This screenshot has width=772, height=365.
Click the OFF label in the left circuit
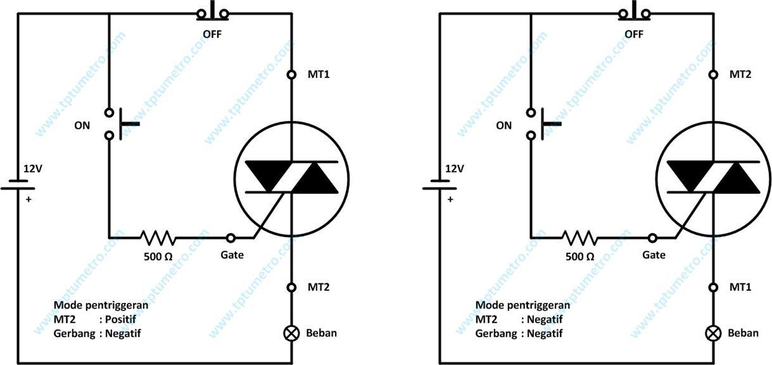pyautogui.click(x=213, y=34)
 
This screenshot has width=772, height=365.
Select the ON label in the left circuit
pyautogui.click(x=82, y=125)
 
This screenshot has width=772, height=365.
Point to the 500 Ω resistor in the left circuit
pyautogui.click(x=158, y=238)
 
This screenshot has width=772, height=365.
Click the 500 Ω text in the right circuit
pyautogui.click(x=579, y=257)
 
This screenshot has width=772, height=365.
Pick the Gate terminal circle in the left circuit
pyautogui.click(x=231, y=238)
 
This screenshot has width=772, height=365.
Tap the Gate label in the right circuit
pyautogui.click(x=654, y=255)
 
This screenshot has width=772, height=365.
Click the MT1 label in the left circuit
pyautogui.click(x=318, y=75)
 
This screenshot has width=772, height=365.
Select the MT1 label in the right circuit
pyautogui.click(x=740, y=287)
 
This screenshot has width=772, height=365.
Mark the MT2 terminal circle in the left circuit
pyautogui.click(x=292, y=287)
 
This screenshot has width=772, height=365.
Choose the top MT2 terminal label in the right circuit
pyautogui.click(x=740, y=75)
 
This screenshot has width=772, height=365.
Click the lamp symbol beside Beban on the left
pyautogui.click(x=292, y=333)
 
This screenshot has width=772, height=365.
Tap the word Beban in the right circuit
pyautogui.click(x=743, y=333)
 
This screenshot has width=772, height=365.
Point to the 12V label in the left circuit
pyautogui.click(x=32, y=169)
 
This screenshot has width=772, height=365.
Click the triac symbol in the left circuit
pyautogui.click(x=291, y=176)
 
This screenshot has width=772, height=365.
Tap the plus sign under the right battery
pyautogui.click(x=450, y=198)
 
